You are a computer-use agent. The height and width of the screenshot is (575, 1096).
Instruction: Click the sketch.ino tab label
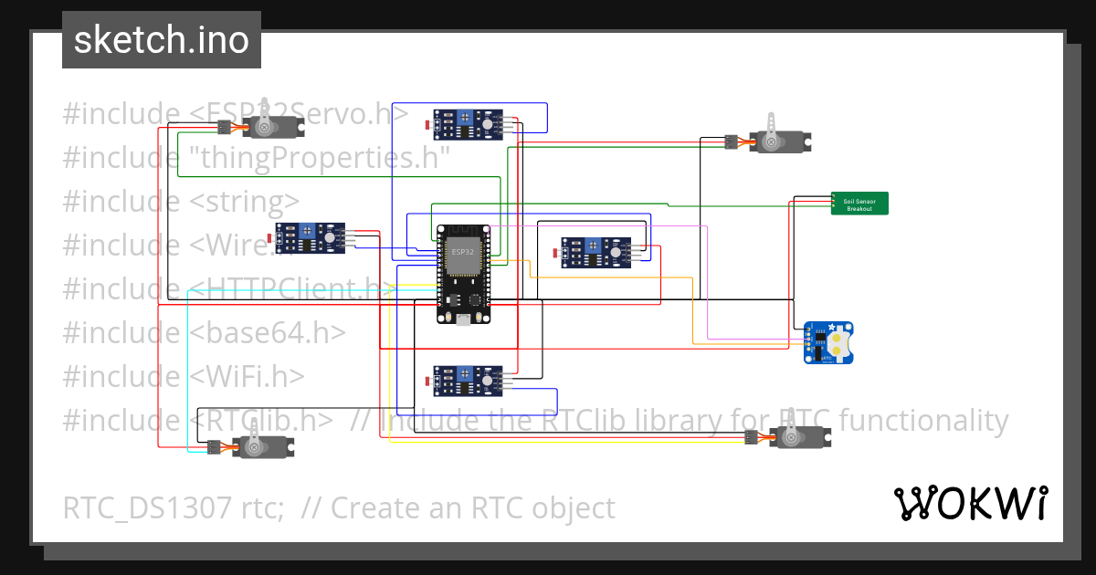pos(162,40)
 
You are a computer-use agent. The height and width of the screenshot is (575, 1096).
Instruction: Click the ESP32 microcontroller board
pos(463,274)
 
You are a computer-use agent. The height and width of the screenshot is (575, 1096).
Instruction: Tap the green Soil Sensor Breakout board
pos(859,204)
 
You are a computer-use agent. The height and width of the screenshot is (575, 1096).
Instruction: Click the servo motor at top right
pos(779,140)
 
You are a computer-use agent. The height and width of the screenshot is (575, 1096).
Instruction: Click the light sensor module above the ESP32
pos(467,123)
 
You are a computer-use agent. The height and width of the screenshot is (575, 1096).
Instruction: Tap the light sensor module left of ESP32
pos(311,237)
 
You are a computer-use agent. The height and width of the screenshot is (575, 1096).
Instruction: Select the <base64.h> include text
pos(268,332)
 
